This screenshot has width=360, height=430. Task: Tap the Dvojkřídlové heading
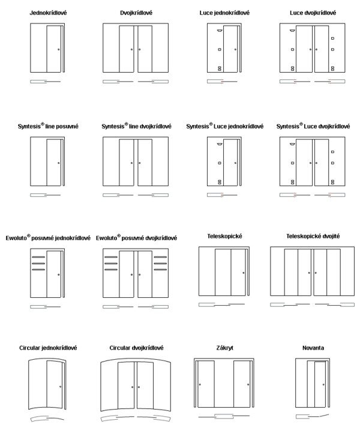136,13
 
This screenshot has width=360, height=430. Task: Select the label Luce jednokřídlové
225,13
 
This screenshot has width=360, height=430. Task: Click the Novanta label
313,348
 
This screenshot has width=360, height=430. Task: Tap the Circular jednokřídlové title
48,348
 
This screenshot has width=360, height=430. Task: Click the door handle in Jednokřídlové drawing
58,49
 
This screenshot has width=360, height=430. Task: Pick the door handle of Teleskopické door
244,273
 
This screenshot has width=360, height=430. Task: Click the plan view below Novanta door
313,415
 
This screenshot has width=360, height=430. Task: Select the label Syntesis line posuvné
48,127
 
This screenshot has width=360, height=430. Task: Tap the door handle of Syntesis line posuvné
58,163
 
